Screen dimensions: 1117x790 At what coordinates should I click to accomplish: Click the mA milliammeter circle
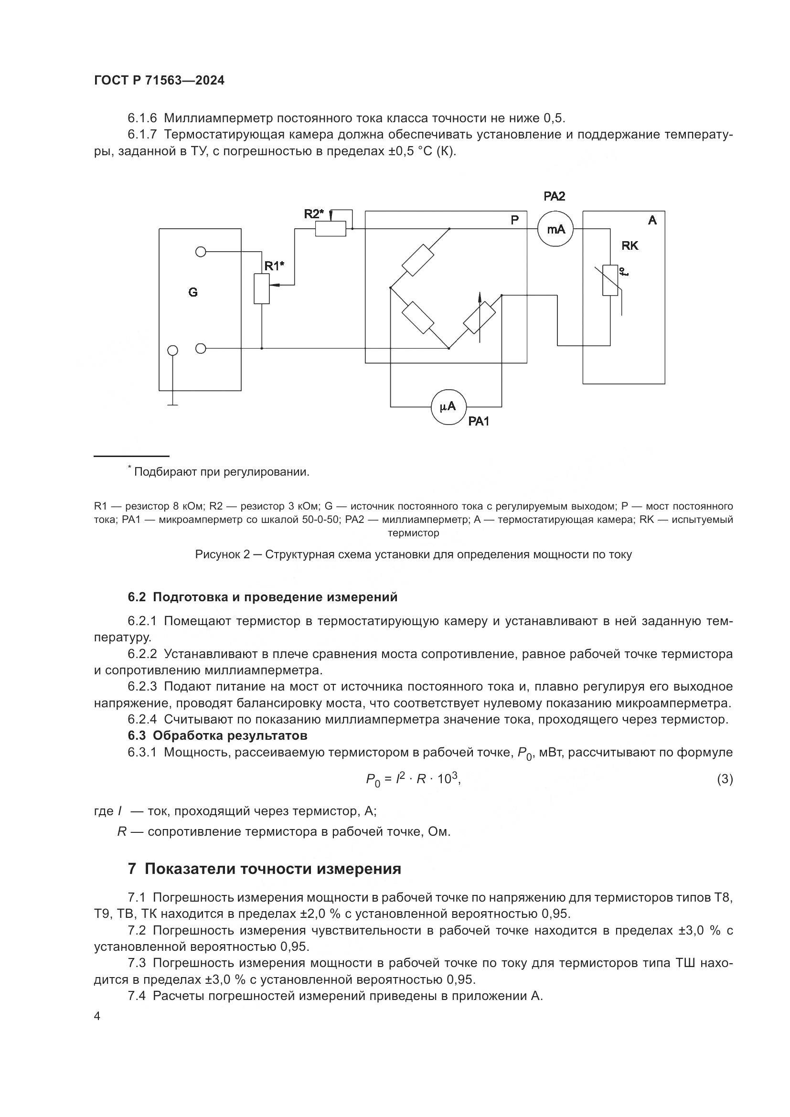[555, 229]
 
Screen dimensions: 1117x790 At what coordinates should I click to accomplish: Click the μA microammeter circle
[448, 407]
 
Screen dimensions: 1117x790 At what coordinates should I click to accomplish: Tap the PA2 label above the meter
[554, 197]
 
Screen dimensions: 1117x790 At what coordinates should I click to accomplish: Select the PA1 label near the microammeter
[479, 422]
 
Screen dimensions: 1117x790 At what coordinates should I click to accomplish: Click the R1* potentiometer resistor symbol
[262, 288]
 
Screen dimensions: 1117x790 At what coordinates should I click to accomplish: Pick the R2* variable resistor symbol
[331, 228]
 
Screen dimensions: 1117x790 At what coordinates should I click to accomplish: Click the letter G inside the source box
[193, 292]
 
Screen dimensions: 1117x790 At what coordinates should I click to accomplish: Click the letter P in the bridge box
[515, 220]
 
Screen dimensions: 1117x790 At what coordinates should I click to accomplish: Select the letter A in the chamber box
[652, 220]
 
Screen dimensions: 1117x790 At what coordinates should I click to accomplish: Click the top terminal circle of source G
[201, 252]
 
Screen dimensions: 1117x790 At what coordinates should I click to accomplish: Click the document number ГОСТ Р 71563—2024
[159, 81]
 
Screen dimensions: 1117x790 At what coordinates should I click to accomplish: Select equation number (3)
[725, 779]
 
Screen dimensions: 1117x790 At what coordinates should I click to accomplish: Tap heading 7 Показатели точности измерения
[265, 868]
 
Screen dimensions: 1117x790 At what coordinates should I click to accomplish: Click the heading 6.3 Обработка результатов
[217, 734]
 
